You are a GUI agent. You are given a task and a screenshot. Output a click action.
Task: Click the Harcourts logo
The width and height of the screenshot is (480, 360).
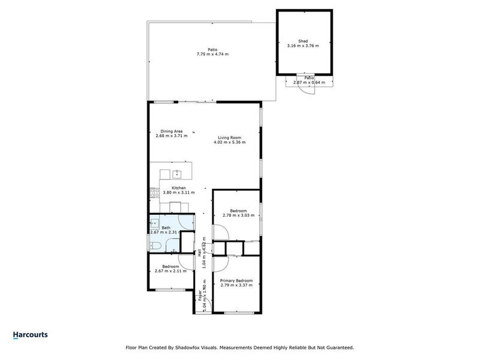click(30, 335)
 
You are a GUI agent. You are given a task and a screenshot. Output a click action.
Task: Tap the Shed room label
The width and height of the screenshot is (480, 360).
click(303, 41)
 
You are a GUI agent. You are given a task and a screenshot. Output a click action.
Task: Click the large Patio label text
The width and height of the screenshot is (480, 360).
click(212, 50)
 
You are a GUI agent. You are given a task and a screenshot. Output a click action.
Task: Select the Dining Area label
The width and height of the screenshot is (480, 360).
click(171, 131)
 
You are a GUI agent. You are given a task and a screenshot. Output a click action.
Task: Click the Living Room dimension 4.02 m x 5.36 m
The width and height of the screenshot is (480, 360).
click(231, 143)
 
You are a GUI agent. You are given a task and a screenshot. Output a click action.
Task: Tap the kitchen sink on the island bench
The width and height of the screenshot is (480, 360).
click(177, 175)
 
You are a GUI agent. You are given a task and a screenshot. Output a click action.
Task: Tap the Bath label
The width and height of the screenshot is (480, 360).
click(166, 228)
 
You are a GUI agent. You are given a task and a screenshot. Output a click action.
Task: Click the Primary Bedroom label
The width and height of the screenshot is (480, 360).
click(236, 281)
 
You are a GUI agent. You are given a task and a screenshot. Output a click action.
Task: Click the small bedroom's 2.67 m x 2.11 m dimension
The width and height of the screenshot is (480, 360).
click(170, 271)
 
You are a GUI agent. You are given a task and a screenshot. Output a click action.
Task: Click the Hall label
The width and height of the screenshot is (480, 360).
click(199, 254)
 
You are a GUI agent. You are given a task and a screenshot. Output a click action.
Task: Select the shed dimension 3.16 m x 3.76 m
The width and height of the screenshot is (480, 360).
click(303, 46)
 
